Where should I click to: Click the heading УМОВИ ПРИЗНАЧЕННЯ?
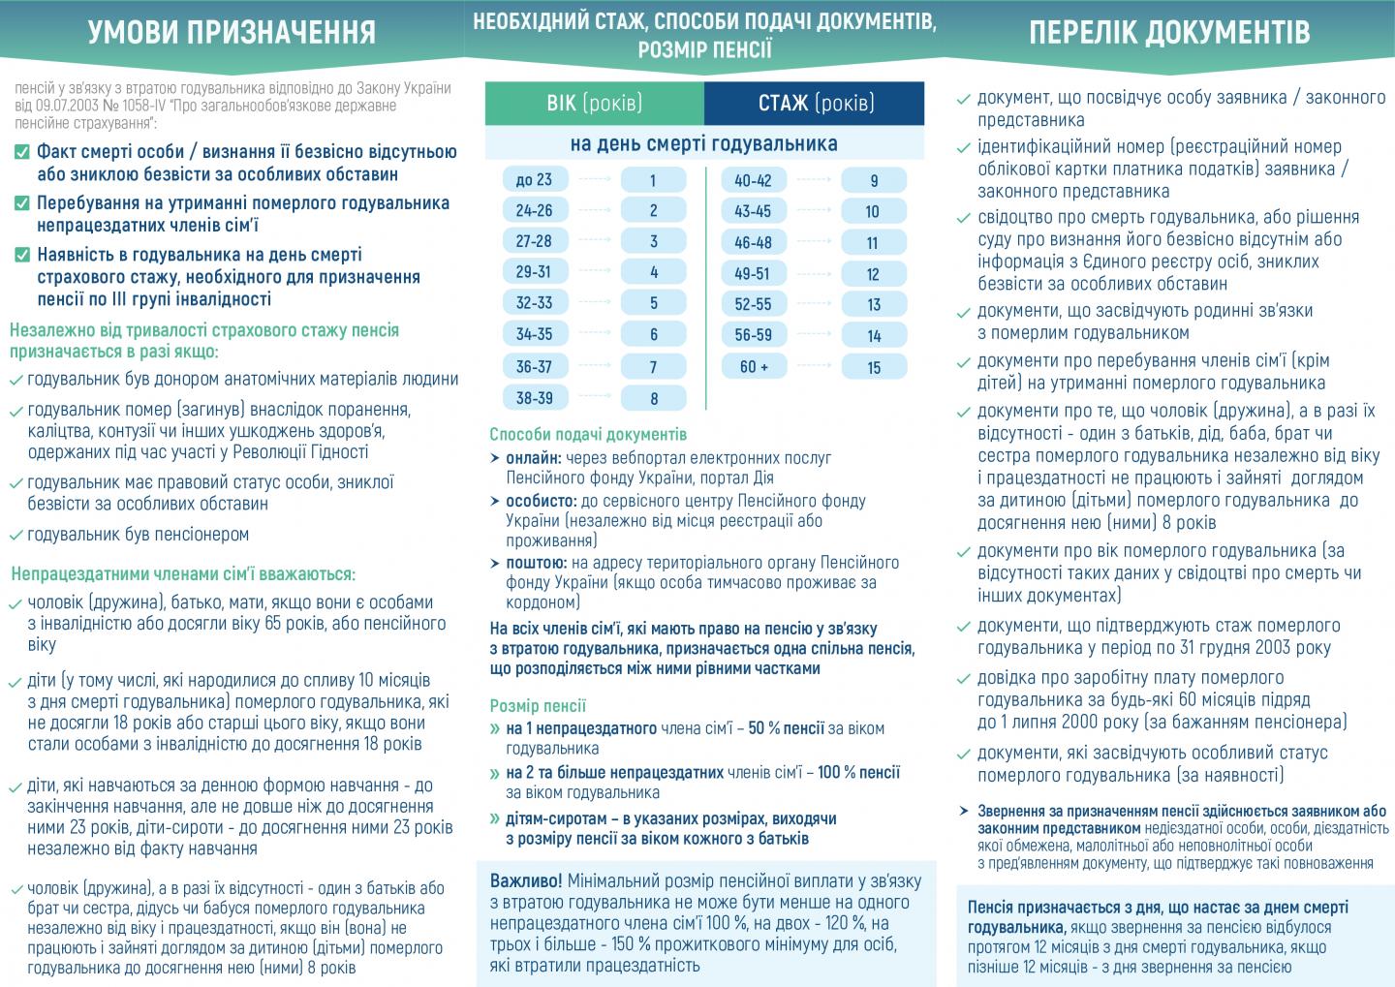(232, 32)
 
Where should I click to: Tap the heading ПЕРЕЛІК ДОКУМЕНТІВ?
(1169, 32)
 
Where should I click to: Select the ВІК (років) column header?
(594, 103)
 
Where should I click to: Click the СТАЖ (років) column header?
(816, 103)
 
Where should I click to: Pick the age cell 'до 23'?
(534, 180)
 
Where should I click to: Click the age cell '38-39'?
(534, 398)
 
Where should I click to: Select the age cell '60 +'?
(754, 367)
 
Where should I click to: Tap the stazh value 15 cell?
(874, 367)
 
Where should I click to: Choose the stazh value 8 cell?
(654, 398)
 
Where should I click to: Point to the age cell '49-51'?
(753, 274)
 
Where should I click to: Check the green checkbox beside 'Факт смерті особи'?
(22, 153)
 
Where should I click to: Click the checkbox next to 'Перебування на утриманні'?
(22, 204)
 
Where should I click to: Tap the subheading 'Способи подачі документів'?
(588, 435)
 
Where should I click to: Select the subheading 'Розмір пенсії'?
(538, 706)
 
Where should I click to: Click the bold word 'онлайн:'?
(533, 458)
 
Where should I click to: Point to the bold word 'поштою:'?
(536, 563)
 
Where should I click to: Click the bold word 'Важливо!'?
(526, 881)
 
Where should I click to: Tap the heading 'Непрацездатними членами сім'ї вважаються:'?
(183, 573)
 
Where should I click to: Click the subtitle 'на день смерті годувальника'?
(704, 144)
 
